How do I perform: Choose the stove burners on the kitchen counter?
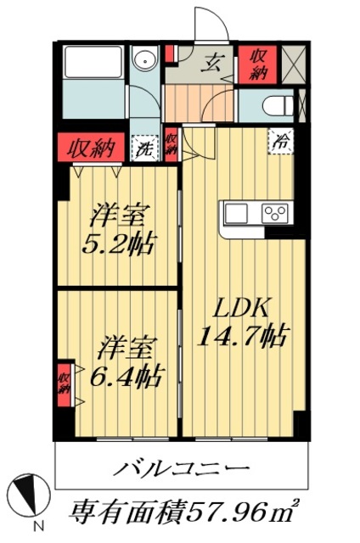point(276,212)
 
